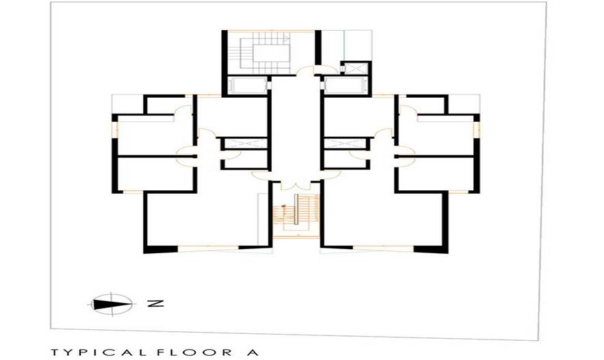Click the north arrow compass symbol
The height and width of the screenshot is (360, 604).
112,304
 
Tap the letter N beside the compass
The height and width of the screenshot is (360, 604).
156,303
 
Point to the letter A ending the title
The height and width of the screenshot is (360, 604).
253,352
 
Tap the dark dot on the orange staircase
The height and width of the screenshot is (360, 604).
284,207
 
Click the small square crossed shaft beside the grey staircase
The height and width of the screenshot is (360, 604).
355,69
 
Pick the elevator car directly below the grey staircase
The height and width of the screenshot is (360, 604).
247,86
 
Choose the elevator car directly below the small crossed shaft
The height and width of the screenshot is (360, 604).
343,86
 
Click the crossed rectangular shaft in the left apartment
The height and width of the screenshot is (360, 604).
245,144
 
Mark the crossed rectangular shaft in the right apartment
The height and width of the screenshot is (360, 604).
344,144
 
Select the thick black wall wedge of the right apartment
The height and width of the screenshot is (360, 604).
431,249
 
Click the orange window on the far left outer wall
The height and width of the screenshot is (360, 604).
114,130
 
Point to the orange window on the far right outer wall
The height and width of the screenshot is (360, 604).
477,130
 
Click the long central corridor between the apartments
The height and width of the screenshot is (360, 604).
296,127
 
